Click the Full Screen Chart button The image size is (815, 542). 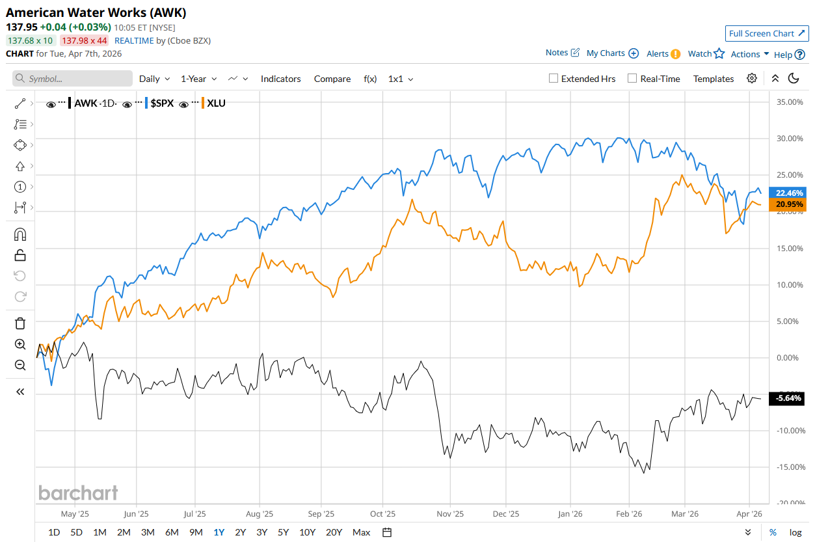pos(767,33)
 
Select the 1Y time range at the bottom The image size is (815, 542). pos(219,532)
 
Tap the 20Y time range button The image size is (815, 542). pos(334,532)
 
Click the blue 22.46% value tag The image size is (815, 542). pos(790,193)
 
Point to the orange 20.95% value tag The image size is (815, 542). pos(790,204)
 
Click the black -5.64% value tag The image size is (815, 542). pos(790,399)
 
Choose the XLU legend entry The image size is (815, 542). pos(216,103)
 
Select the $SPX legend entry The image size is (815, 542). pos(162,103)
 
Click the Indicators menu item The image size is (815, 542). pos(280,79)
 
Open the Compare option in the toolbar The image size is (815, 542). pos(332,79)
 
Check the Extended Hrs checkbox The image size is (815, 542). pos(554,79)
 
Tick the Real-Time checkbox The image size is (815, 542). pos(632,79)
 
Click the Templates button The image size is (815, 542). pos(714,79)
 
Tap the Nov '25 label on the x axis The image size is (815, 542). pos(449,513)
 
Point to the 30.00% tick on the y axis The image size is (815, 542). pos(791,139)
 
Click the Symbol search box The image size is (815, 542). pos(72,79)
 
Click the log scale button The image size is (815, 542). pos(795,532)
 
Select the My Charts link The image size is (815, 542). pos(606,53)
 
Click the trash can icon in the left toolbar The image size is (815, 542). pos(20,323)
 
